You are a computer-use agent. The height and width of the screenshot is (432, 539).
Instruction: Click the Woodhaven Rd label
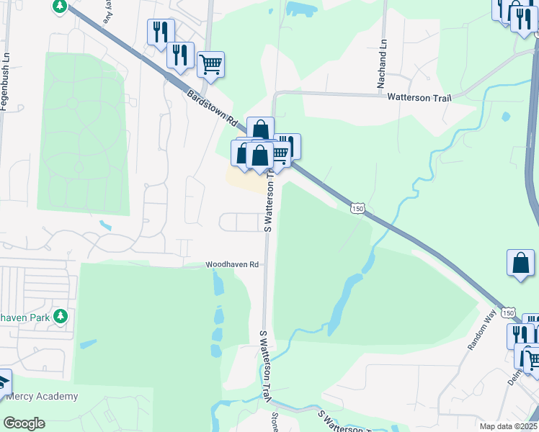(232, 264)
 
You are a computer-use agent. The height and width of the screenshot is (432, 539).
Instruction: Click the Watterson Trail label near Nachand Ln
(419, 96)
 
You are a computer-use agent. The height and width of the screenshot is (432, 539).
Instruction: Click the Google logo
(24, 423)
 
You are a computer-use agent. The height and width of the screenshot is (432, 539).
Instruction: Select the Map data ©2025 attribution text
(508, 426)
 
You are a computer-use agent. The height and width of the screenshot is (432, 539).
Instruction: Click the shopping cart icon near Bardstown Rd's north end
(210, 64)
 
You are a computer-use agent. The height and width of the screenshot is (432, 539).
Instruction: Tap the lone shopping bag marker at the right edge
(520, 264)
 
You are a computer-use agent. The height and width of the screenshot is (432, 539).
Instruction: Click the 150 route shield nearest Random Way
(509, 312)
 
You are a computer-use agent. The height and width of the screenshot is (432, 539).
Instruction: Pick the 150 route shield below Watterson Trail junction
(358, 208)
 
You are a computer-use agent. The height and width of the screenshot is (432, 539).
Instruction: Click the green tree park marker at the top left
(60, 6)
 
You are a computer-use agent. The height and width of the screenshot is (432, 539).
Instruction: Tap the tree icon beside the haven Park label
(61, 316)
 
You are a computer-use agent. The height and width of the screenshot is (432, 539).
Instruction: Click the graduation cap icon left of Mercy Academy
(2, 380)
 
